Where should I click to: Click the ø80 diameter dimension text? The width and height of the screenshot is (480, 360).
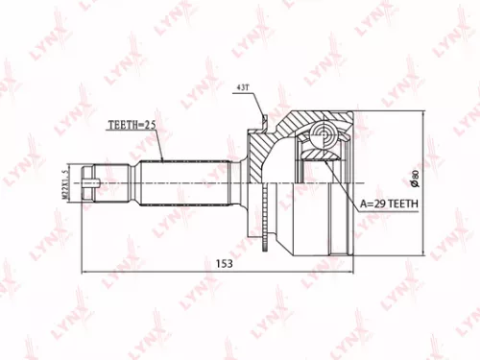tap(416, 179)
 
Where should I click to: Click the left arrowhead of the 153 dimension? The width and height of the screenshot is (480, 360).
tap(85, 271)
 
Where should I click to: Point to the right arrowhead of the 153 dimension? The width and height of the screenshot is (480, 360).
tap(356, 271)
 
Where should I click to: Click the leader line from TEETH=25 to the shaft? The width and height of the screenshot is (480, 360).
tap(157, 144)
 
